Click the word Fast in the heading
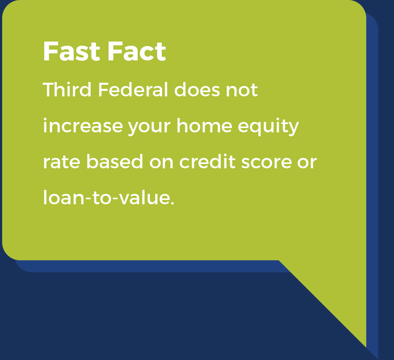coord(71,51)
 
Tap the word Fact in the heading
coord(136,51)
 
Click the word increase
coord(83,126)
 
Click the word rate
coord(61,162)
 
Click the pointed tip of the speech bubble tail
coord(366,346)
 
